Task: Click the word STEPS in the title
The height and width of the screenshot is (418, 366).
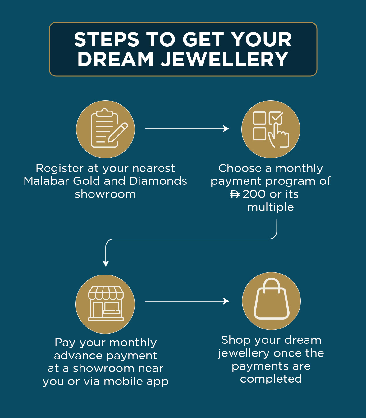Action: [x=107, y=40]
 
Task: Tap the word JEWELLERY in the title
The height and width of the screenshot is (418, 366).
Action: [x=225, y=59]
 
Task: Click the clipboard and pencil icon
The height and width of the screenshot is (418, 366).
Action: [x=106, y=129]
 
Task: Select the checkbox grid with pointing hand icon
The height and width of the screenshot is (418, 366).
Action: [x=271, y=129]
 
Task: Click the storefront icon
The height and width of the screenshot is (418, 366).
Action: [x=105, y=304]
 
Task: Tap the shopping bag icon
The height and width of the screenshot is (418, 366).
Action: [x=271, y=301]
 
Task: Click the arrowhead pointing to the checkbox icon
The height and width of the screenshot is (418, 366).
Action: [x=226, y=129]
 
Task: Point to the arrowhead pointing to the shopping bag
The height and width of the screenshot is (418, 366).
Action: [x=226, y=301]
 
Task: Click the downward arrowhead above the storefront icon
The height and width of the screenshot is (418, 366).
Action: [x=106, y=264]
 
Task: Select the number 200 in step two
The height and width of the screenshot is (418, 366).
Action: [x=254, y=194]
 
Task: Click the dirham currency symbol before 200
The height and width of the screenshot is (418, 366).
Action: [x=235, y=195]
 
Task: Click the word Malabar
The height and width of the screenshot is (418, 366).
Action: [x=46, y=181]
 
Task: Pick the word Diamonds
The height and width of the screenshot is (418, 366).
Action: [x=158, y=181]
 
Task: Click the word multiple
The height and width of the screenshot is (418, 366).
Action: [x=271, y=207]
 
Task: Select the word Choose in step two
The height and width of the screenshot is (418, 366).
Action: [x=240, y=168]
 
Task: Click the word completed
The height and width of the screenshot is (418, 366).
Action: [x=271, y=379]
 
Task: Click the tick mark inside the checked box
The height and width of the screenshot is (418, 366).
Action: [x=276, y=118]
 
